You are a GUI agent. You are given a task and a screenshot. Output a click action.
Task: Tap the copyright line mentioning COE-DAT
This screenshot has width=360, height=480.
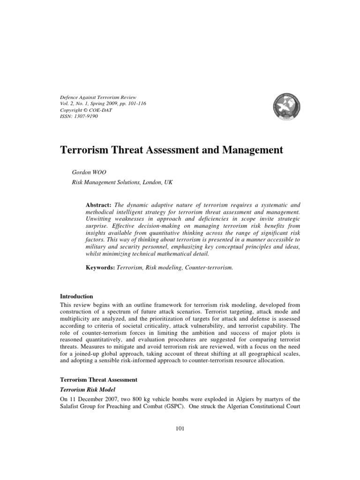coord(85,110)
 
